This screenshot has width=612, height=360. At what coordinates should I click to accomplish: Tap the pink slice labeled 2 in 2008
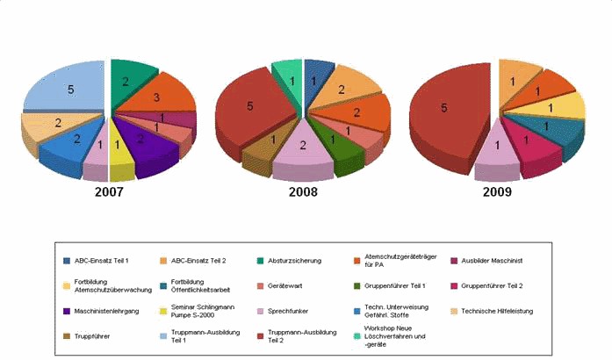click(x=303, y=147)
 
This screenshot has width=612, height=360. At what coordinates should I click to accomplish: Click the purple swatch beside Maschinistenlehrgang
click(x=68, y=311)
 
